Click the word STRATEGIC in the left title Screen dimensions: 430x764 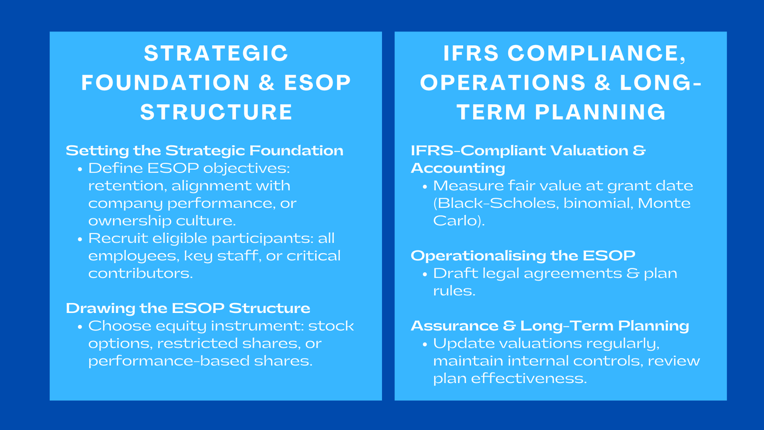216,54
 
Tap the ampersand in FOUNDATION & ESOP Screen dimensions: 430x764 266,83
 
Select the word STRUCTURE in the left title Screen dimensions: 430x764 216,113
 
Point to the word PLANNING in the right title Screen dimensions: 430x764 600,113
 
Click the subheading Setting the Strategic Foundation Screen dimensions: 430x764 204,150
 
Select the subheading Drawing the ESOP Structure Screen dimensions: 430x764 188,308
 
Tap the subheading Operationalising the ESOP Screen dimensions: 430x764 523,256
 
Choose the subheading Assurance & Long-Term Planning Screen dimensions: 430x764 550,326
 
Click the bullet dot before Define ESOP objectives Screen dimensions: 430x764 80,169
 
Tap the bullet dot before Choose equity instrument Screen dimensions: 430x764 80,327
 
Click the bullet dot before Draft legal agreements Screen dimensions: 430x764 424,274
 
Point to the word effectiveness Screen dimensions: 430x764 529,379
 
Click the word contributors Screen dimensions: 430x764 140,273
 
